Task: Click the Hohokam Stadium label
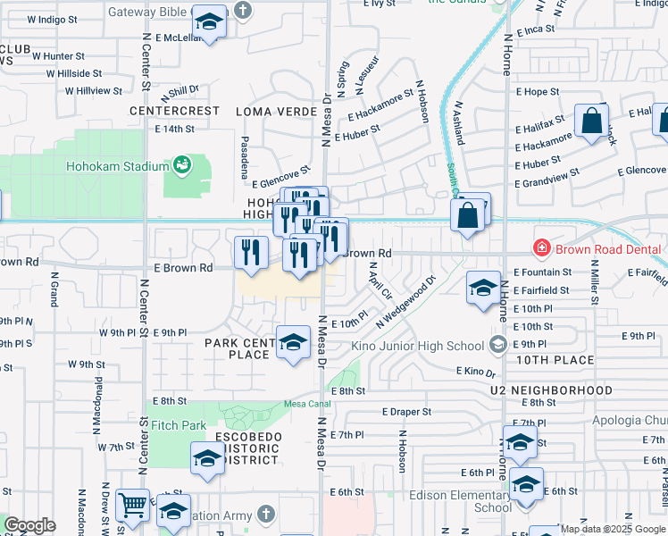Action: pyautogui.click(x=118, y=166)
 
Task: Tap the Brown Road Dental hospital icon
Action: pyautogui.click(x=540, y=248)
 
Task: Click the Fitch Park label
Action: pyautogui.click(x=179, y=426)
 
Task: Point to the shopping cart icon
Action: pyautogui.click(x=133, y=506)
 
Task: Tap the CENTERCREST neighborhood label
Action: pyautogui.click(x=174, y=111)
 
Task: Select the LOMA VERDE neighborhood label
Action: pyautogui.click(x=276, y=111)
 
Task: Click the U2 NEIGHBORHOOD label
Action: pyautogui.click(x=551, y=390)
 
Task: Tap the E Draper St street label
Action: pyautogui.click(x=406, y=412)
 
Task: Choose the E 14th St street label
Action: pyautogui.click(x=174, y=129)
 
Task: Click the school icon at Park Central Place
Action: pyautogui.click(x=293, y=343)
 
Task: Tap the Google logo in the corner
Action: pyautogui.click(x=29, y=525)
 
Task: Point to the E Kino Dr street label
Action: pyautogui.click(x=475, y=371)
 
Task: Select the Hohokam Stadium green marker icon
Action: pyautogui.click(x=183, y=164)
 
